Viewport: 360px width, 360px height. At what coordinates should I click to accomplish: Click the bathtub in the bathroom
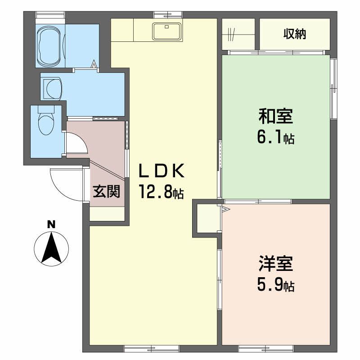point(51,45)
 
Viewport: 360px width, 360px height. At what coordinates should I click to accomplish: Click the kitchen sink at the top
point(167,30)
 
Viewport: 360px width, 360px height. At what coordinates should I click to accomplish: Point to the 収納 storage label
point(295,34)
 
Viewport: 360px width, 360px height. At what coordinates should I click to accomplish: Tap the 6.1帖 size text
point(275,137)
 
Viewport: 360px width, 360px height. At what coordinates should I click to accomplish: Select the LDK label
point(161,171)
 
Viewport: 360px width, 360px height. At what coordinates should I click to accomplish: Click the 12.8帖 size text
point(161,193)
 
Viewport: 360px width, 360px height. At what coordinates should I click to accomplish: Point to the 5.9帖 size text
point(275,285)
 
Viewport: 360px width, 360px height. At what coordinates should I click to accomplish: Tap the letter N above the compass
point(52,223)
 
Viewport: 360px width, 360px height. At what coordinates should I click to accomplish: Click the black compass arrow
point(52,247)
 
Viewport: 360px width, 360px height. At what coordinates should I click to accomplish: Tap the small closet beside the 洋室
point(207,218)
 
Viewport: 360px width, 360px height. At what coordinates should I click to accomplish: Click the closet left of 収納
point(239,34)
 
